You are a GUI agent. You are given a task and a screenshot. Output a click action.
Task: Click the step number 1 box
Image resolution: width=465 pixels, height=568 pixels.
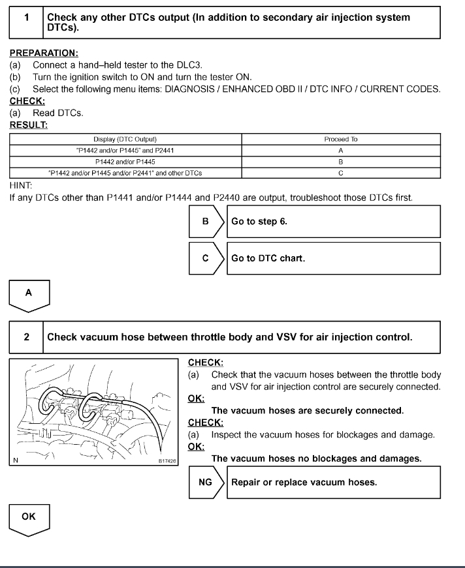click(x=27, y=18)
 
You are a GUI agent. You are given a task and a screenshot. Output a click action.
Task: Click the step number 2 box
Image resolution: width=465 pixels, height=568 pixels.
click(x=27, y=337)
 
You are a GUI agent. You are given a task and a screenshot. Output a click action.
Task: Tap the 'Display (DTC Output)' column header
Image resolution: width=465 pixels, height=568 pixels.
click(x=125, y=140)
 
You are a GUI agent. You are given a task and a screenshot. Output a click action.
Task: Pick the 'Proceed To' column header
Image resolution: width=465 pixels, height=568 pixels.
click(x=341, y=140)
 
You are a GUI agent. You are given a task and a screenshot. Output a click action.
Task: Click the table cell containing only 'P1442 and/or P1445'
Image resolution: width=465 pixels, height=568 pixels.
click(x=125, y=161)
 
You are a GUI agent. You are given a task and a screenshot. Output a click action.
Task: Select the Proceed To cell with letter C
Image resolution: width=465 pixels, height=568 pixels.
click(x=341, y=172)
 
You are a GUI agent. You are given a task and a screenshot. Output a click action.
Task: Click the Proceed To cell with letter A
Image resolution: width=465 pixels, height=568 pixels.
click(x=341, y=150)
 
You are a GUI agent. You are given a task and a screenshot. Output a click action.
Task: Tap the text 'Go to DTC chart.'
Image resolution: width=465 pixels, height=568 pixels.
click(x=268, y=258)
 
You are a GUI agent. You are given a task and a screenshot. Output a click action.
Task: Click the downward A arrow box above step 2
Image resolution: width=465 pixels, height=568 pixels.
click(x=29, y=294)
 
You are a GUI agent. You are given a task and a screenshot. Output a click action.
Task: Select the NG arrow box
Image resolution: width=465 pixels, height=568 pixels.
click(x=207, y=483)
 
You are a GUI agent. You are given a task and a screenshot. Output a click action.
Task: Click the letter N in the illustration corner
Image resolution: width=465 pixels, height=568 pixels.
click(x=15, y=461)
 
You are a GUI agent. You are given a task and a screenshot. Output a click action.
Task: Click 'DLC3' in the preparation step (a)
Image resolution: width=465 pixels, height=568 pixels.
click(x=191, y=66)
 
